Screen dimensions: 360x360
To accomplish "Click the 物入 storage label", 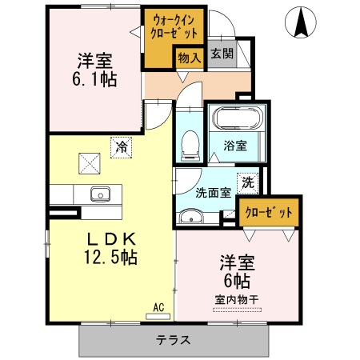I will pyautogui.click(x=190, y=58).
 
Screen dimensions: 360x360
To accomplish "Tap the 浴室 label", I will pyautogui.click(x=234, y=146).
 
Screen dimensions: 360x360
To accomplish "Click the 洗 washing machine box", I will pyautogui.click(x=248, y=182).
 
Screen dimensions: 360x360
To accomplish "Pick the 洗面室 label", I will pyautogui.click(x=213, y=193).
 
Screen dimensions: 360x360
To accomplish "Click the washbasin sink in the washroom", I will pyautogui.click(x=190, y=218).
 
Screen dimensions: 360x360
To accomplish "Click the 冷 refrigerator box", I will pyautogui.click(x=121, y=147).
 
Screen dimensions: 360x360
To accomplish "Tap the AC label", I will pyautogui.click(x=158, y=306).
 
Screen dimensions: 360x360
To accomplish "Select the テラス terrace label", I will pyautogui.click(x=174, y=339).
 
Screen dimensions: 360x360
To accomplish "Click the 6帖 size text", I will pyautogui.click(x=237, y=281).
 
